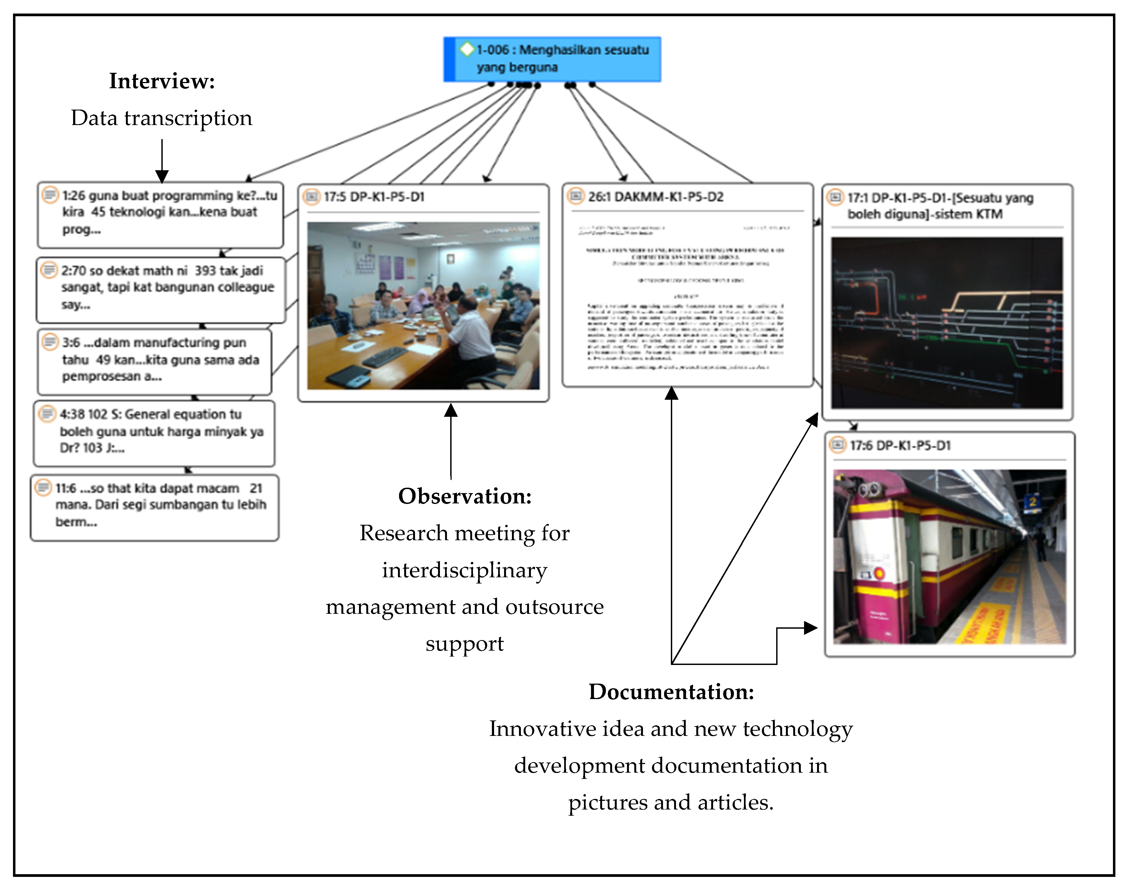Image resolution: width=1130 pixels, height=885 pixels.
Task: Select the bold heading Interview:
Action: [162, 81]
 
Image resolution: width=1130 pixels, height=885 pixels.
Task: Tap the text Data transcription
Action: [162, 118]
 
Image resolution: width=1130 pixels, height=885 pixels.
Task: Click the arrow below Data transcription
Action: [162, 161]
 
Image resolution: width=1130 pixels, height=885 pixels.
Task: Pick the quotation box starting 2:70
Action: [161, 289]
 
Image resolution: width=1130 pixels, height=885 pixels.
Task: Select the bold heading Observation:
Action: [465, 496]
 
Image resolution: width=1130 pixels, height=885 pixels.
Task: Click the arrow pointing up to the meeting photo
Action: [451, 440]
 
